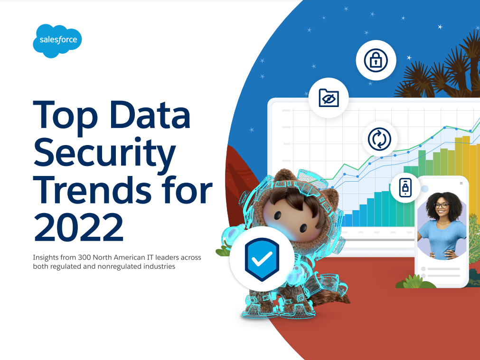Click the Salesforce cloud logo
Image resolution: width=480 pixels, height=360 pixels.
pos(57,41)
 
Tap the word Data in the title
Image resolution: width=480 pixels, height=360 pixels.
pos(150,115)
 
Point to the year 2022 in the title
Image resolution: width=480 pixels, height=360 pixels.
pos(79,226)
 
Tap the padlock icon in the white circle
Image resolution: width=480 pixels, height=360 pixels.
pos(376,60)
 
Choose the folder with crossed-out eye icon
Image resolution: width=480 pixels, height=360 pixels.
pos(329,98)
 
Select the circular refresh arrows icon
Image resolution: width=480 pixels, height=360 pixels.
pos(380,139)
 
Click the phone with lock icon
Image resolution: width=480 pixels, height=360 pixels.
pos(405,187)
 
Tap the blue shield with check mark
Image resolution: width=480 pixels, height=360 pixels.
pos(262,260)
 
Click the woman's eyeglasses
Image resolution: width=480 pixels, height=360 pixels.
pos(442,205)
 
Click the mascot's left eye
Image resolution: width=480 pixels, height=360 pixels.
pos(278,215)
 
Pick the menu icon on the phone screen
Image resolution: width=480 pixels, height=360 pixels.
pos(461,184)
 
